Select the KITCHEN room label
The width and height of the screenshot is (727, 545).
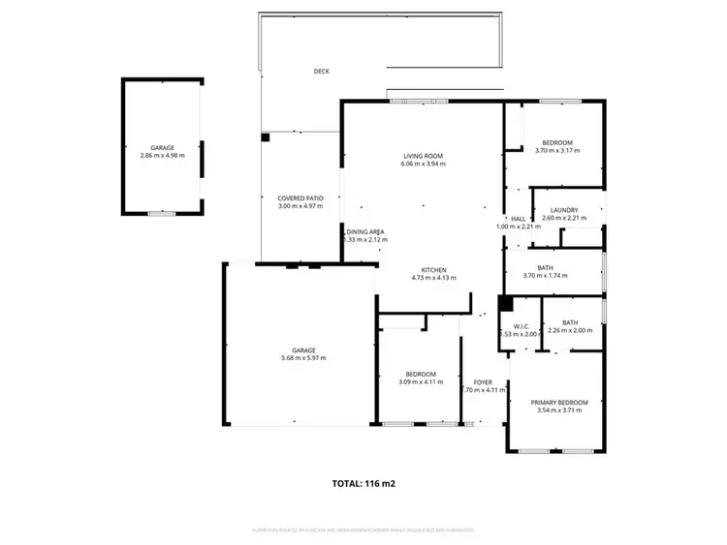pos(433,269)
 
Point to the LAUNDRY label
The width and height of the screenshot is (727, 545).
pos(563,210)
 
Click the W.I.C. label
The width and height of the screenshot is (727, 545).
pos(520,326)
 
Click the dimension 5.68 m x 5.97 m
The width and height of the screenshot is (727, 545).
pos(303,358)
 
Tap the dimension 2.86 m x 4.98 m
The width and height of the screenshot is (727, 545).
pos(162,156)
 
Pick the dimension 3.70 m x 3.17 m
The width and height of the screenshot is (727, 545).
pos(557,150)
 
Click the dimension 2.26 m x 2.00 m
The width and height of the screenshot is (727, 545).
pos(569,331)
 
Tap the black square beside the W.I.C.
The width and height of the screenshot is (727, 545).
pos(505,303)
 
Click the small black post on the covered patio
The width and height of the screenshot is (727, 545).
pos(265,137)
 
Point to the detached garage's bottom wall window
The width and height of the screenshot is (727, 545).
pos(162,212)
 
